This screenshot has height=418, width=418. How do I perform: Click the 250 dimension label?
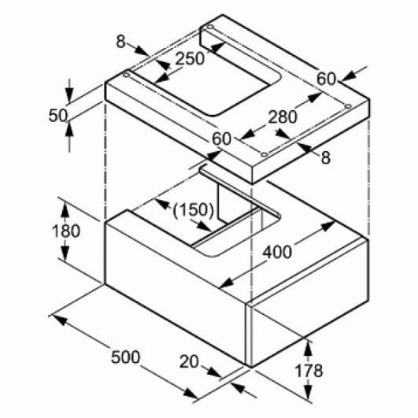click(190, 58)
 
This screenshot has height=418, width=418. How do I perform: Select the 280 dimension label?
click(283, 117)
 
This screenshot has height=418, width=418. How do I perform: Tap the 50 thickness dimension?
click(58, 116)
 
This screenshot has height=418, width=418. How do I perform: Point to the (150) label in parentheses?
click(193, 210)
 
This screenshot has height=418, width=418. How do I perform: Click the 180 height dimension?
click(66, 231)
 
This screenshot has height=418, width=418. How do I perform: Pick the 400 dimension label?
click(277, 252)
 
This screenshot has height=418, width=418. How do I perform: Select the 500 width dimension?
click(125, 357)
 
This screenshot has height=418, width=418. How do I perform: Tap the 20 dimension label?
click(189, 362)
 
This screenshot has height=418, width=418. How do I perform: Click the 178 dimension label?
click(309, 370)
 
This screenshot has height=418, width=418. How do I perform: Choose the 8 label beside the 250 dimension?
click(120, 42)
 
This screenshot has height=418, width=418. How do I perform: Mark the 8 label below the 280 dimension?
click(326, 157)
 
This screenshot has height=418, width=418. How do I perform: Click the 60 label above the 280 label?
click(327, 79)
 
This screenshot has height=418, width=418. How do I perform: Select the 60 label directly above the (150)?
click(221, 139)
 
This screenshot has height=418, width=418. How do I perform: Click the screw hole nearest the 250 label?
click(210, 27)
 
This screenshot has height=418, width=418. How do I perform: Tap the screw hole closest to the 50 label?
click(127, 75)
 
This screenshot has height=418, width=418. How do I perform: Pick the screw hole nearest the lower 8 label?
click(264, 154)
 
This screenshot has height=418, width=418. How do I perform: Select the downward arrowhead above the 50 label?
click(69, 94)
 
